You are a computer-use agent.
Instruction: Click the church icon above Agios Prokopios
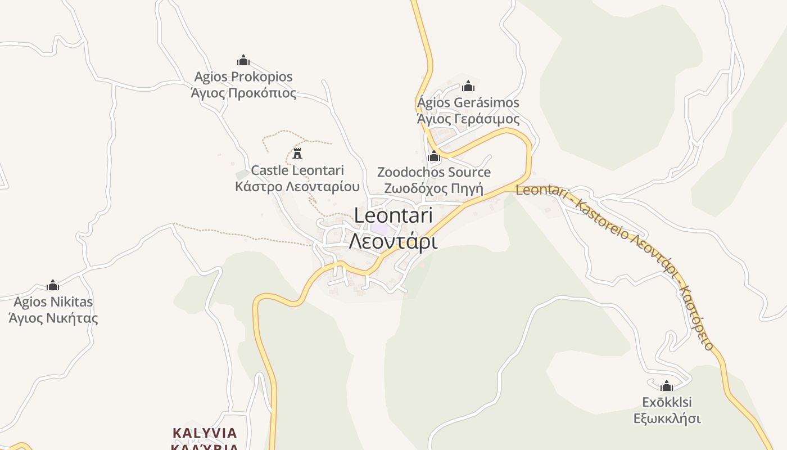(x=243, y=60)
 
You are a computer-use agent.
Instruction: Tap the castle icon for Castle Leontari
(x=297, y=153)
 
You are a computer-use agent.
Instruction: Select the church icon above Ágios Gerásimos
(x=468, y=86)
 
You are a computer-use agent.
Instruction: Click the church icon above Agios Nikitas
(x=53, y=285)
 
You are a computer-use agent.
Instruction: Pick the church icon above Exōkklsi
(x=667, y=386)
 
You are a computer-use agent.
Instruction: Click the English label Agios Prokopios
(x=243, y=76)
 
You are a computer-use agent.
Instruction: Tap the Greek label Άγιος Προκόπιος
(x=243, y=93)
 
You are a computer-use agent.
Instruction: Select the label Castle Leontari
(x=297, y=170)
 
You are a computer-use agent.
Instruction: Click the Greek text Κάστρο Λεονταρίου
(x=297, y=186)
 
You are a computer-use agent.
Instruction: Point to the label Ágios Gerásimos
(x=468, y=103)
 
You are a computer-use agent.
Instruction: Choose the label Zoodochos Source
(x=434, y=172)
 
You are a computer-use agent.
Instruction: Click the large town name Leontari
(x=393, y=215)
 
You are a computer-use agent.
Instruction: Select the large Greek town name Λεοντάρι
(x=393, y=241)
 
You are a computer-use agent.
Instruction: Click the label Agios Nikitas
(x=53, y=302)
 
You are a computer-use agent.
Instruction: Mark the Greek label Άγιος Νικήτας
(x=53, y=318)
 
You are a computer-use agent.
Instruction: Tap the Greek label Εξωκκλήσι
(x=667, y=418)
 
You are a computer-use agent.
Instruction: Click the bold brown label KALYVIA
(x=205, y=433)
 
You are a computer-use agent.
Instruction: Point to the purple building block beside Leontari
(x=379, y=229)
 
